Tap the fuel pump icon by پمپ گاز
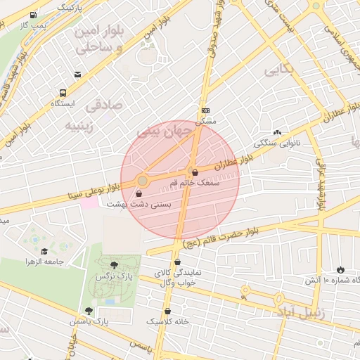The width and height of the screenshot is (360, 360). point(34,15)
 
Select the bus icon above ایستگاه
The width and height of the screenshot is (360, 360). point(63,92)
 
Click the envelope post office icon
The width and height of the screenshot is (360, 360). point(77,74)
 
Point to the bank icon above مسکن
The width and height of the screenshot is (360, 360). point(205,111)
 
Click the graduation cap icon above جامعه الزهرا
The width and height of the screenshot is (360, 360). point(44,251)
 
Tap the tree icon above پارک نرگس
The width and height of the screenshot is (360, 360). point(114,265)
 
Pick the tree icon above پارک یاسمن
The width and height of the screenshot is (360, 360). point(89,310)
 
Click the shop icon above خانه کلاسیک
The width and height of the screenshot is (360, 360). point(167,311)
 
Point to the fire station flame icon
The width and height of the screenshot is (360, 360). point(341,269)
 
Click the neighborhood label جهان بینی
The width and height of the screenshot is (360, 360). point(162,131)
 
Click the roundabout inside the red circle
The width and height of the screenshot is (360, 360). point(143,181)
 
